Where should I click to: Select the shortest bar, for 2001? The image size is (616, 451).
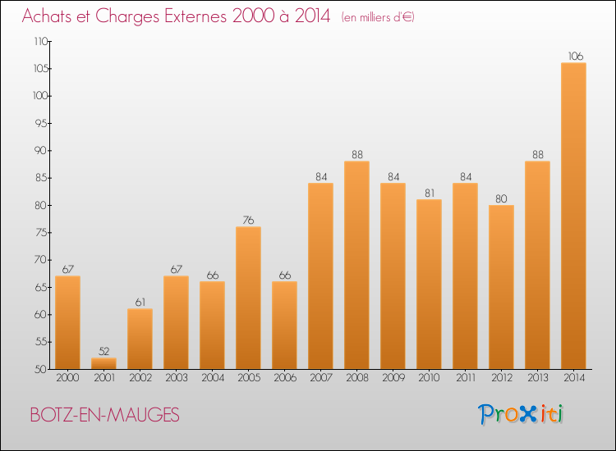(103, 363)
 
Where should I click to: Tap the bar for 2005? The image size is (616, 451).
(248, 298)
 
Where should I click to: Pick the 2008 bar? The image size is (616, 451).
(356, 265)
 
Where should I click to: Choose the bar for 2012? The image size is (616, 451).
(501, 287)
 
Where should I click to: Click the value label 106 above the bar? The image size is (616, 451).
(573, 57)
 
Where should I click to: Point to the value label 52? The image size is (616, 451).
(103, 352)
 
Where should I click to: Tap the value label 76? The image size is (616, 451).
(248, 221)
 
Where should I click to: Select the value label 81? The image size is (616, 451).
(429, 194)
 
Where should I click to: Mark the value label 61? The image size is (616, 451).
(140, 303)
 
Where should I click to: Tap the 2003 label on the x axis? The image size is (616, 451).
(176, 378)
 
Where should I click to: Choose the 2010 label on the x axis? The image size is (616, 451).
(429, 378)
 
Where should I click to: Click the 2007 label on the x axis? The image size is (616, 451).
(320, 378)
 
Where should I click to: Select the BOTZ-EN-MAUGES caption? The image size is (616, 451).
(103, 415)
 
